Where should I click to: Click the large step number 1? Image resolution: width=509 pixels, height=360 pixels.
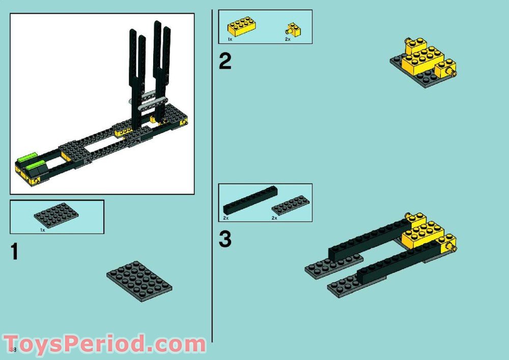(x=15, y=252)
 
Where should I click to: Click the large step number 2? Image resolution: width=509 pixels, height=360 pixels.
(x=224, y=62)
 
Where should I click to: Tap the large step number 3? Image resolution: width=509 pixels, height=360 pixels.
(x=225, y=239)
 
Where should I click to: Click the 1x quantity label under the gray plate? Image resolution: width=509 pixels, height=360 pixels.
(x=43, y=230)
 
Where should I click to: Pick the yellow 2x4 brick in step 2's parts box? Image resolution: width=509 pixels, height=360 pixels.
(x=241, y=26)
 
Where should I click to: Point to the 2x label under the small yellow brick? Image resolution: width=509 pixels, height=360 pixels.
(x=288, y=39)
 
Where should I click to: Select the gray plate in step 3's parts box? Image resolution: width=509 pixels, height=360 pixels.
(x=290, y=205)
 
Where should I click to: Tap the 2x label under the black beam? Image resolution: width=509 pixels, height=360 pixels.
(x=225, y=217)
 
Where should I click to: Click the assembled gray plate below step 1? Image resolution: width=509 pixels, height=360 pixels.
(x=139, y=281)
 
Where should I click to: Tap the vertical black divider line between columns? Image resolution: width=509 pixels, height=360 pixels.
(x=212, y=173)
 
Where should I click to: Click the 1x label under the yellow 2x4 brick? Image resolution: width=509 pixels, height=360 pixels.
(x=230, y=39)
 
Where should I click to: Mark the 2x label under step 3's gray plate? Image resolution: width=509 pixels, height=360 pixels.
(x=274, y=217)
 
